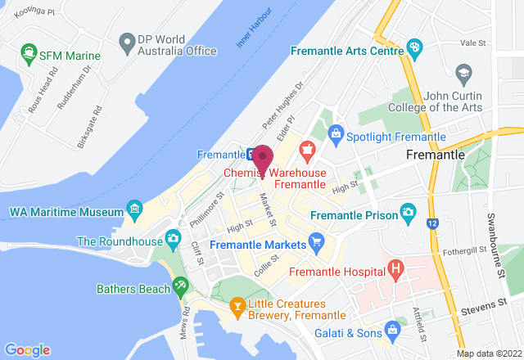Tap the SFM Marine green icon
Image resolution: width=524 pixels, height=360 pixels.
click(28, 56)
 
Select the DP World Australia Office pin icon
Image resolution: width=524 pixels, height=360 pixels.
click(126, 40)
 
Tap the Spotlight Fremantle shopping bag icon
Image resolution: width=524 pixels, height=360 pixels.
click(335, 133)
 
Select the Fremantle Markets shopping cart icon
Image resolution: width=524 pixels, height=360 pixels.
click(317, 242)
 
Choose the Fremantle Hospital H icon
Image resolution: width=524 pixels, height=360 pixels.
click(396, 268)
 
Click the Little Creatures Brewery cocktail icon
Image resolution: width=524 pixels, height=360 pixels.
click(237, 307)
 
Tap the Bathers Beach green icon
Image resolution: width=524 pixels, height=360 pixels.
click(180, 286)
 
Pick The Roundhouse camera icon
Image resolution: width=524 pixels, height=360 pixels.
click(172, 239)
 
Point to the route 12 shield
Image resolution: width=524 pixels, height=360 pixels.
click(431, 222)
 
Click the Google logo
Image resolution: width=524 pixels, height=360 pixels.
click(28, 349)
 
